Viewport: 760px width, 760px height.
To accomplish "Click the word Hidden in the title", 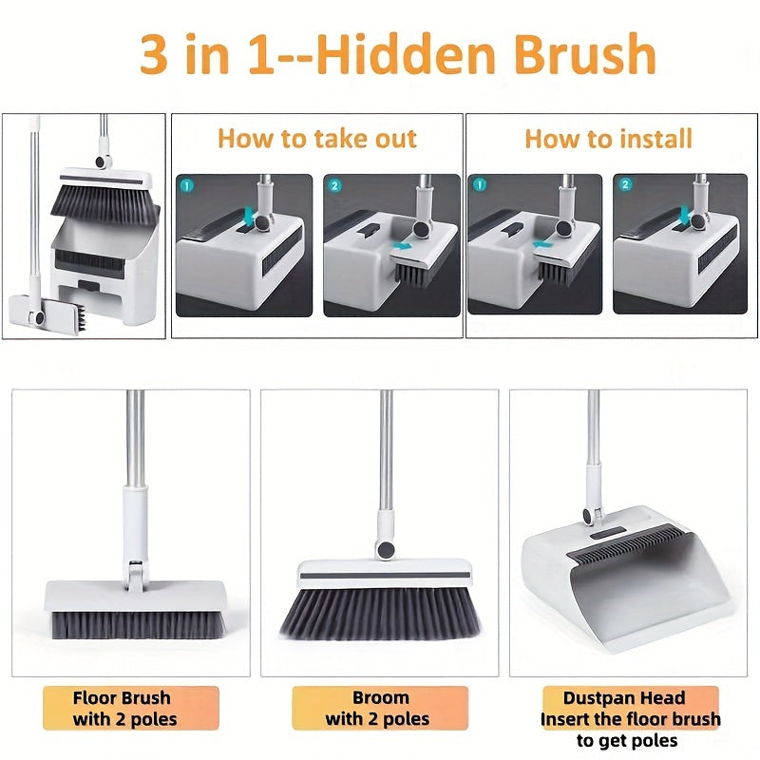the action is click(x=408, y=54).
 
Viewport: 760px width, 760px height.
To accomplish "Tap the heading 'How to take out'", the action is click(x=317, y=139).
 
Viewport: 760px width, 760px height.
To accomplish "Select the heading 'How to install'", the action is click(x=608, y=139).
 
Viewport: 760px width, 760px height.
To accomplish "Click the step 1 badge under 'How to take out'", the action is click(x=186, y=185).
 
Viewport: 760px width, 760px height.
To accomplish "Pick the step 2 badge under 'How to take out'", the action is click(x=334, y=185).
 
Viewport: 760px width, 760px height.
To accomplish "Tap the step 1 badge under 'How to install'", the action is click(x=479, y=184).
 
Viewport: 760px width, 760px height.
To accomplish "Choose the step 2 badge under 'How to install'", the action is click(x=625, y=184).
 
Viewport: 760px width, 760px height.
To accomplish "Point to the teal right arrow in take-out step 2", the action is click(x=402, y=246).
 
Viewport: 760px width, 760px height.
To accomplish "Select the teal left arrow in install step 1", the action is click(x=541, y=244).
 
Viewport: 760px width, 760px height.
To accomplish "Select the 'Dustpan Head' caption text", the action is click(x=624, y=698).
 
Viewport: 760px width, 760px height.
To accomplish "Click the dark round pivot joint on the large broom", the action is click(x=387, y=550).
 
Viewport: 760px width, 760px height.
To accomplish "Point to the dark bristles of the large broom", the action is click(x=381, y=613).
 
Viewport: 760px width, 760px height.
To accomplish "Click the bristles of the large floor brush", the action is click(x=138, y=625).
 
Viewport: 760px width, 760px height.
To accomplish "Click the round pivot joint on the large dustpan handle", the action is click(x=588, y=515).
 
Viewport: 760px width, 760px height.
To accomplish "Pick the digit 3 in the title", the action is click(x=153, y=54).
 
